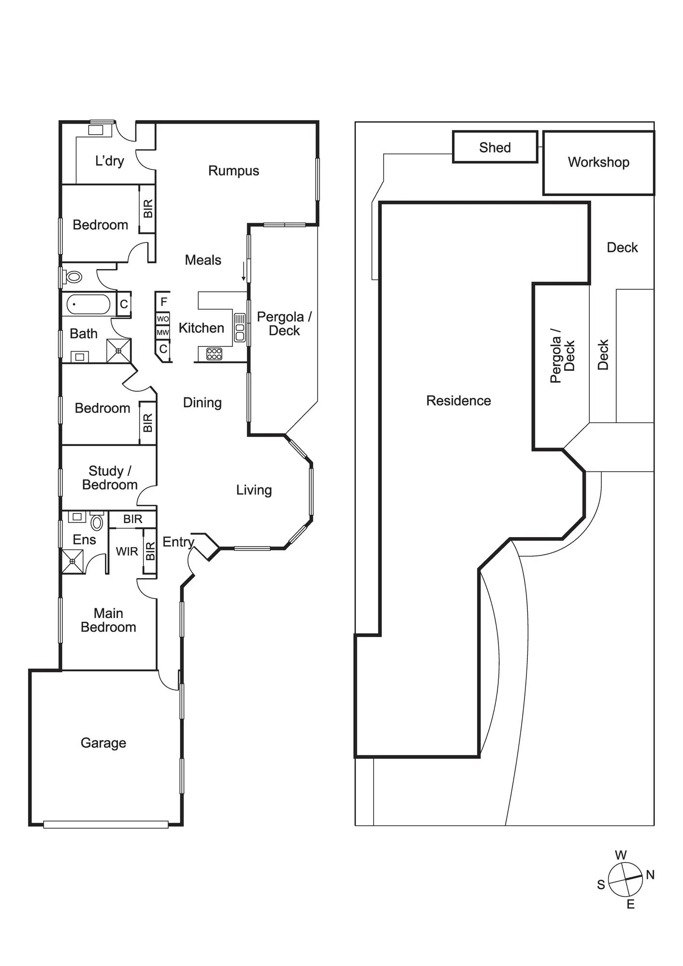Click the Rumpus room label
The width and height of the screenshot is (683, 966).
(233, 171)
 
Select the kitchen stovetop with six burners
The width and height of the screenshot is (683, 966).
(214, 354)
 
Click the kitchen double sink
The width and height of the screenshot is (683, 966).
(240, 328)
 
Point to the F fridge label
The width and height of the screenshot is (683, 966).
(164, 302)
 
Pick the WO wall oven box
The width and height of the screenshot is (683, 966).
(163, 319)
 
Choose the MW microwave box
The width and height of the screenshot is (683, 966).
(163, 332)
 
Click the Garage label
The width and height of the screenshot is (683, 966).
(103, 743)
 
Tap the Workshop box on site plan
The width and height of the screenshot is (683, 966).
(598, 163)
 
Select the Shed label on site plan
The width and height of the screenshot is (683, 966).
(495, 147)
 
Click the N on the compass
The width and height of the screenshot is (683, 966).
(650, 875)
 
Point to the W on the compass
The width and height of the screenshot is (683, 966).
(621, 855)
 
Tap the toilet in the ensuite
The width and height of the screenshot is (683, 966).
(97, 522)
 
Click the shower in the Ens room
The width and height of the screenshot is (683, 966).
(73, 561)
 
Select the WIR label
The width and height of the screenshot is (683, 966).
(127, 551)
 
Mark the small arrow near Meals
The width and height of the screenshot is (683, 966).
(244, 271)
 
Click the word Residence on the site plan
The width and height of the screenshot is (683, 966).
(458, 401)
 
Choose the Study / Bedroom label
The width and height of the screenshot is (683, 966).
(110, 478)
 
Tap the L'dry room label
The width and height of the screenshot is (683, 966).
(110, 161)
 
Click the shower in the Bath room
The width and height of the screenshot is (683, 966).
(118, 351)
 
